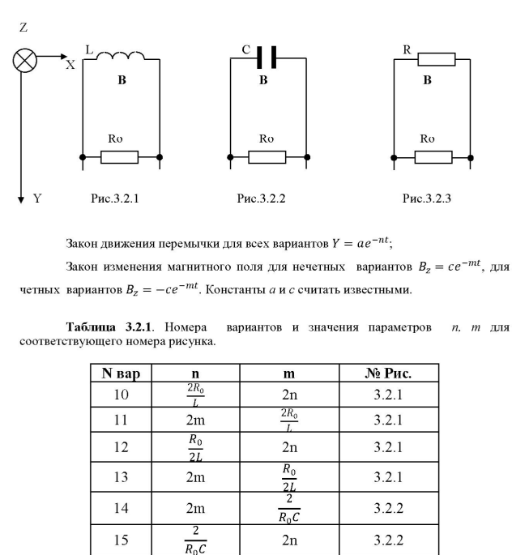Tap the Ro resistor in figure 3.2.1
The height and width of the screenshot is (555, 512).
(119, 156)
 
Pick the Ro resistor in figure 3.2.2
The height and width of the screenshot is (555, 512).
(267, 156)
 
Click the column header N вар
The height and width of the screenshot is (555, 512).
(119, 374)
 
